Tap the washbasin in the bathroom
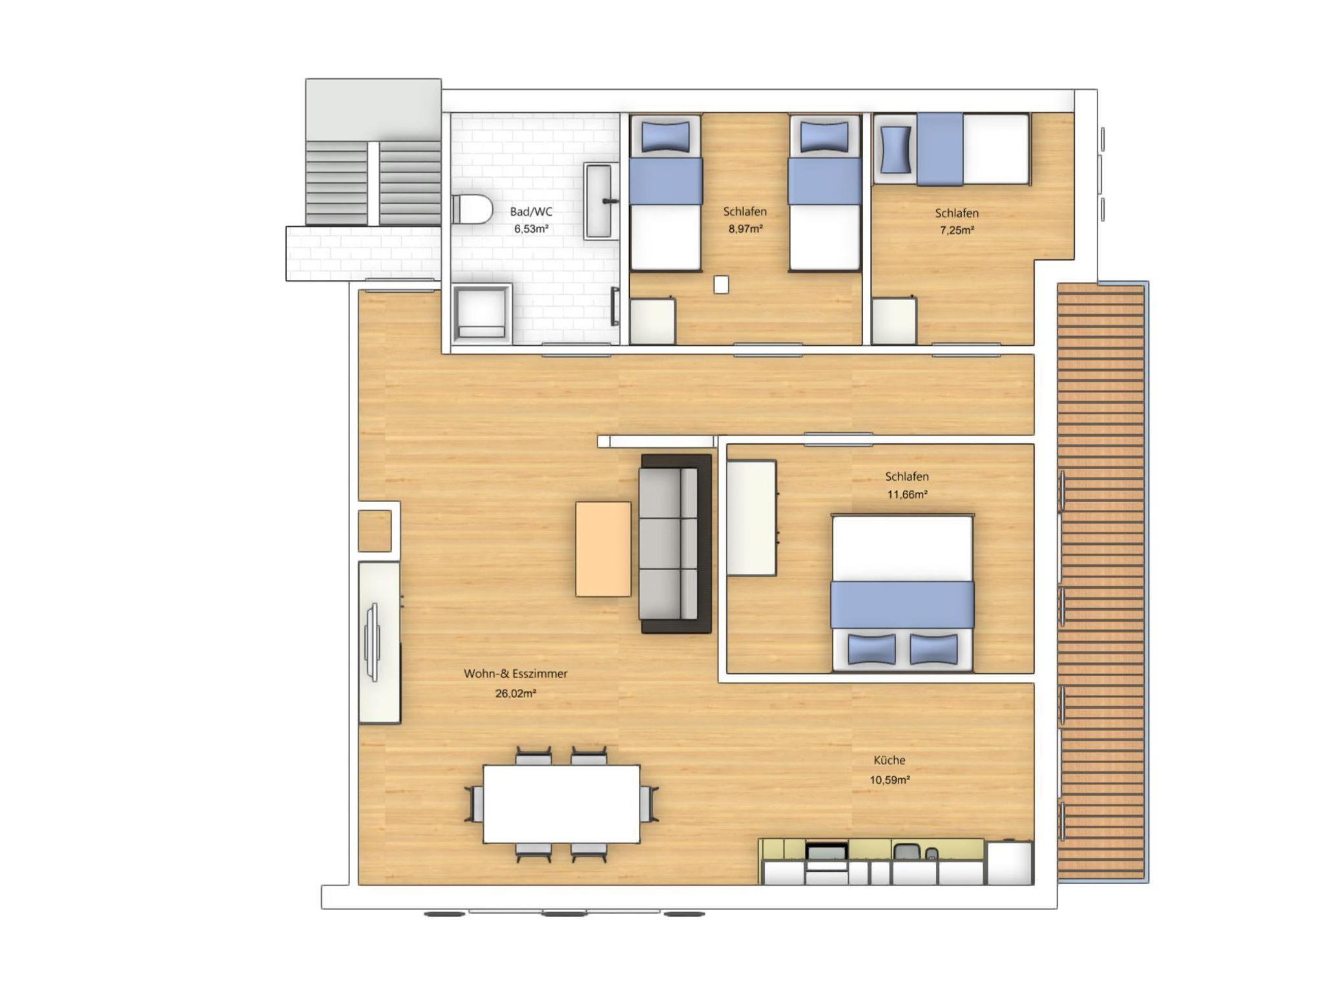[x=598, y=202]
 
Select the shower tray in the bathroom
[x=482, y=313]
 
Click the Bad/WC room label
[x=531, y=211]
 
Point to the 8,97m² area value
[x=745, y=229]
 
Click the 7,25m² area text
[x=957, y=230]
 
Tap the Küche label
[x=890, y=761]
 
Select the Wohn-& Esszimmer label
[x=516, y=673]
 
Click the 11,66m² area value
[x=908, y=494]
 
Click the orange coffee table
[x=603, y=549]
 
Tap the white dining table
[x=561, y=804]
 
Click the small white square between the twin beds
[x=721, y=284]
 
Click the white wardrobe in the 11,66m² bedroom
[x=751, y=517]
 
